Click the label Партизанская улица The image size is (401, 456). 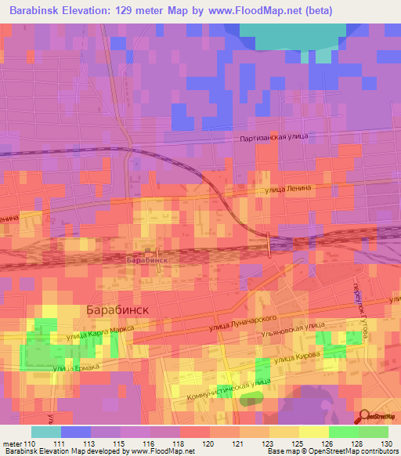tap(273, 137)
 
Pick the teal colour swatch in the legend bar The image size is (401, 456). tap(45, 432)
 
